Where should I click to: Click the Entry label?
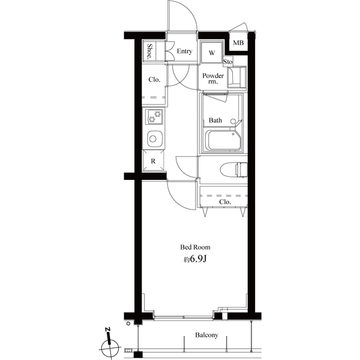(184, 51)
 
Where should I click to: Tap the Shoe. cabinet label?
(150, 52)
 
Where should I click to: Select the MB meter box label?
(238, 43)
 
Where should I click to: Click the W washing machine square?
(212, 52)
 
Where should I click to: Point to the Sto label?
(228, 62)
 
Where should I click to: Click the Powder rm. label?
(213, 78)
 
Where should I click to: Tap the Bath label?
(215, 120)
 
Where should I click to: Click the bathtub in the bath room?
(224, 140)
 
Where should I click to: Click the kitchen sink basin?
(155, 139)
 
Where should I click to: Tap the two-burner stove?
(154, 116)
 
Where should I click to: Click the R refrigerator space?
(154, 161)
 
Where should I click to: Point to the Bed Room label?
(195, 247)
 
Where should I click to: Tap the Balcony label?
(206, 335)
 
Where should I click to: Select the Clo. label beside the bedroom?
(225, 202)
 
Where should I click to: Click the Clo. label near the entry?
(154, 80)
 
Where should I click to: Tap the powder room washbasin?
(236, 77)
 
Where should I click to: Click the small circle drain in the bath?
(233, 121)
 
